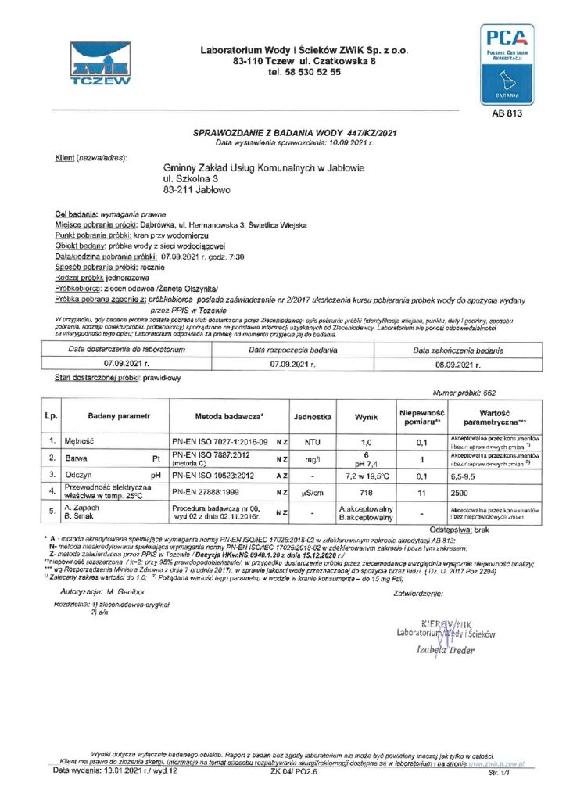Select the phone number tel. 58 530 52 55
click(304, 72)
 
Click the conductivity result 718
click(367, 494)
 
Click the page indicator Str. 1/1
click(498, 771)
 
